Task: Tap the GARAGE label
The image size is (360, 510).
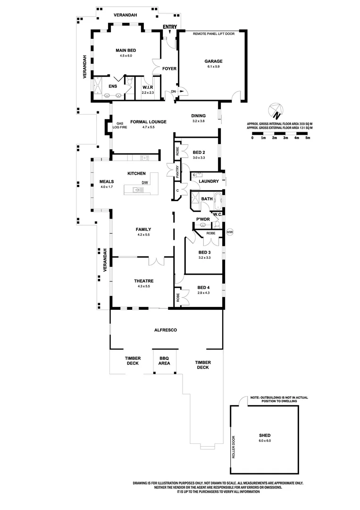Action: pyautogui.click(x=213, y=61)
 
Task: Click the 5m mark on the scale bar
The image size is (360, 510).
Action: pyautogui.click(x=308, y=138)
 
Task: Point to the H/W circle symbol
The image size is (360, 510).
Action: pyautogui.click(x=230, y=232)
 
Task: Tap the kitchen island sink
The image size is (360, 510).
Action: pyautogui.click(x=136, y=190)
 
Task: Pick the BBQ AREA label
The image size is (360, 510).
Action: pyautogui.click(x=164, y=361)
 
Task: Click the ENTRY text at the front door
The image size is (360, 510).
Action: pyautogui.click(x=169, y=27)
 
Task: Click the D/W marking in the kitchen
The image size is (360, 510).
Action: pyautogui.click(x=144, y=183)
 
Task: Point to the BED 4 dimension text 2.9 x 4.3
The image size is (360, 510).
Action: pyautogui.click(x=203, y=293)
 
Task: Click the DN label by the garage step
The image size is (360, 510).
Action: pyautogui.click(x=173, y=91)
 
